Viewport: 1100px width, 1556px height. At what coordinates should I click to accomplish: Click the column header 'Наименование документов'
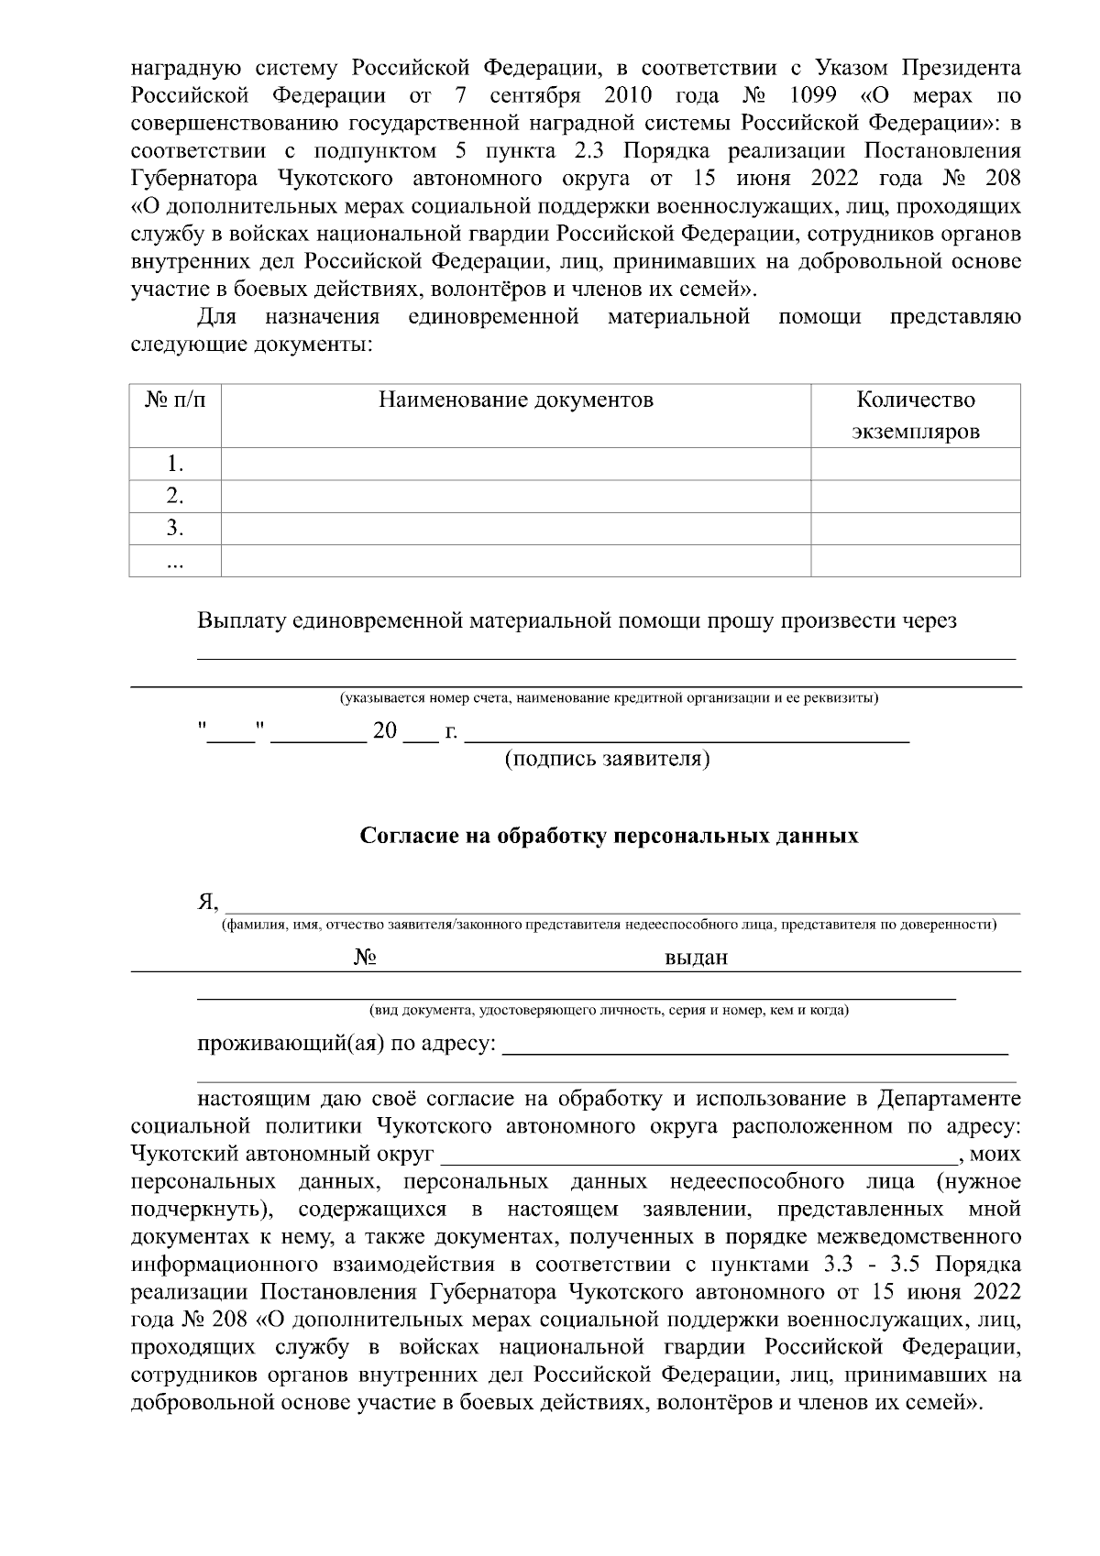(x=516, y=400)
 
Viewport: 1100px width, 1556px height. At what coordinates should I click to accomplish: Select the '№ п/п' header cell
(x=175, y=400)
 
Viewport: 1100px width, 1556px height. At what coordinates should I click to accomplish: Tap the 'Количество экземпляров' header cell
(x=915, y=415)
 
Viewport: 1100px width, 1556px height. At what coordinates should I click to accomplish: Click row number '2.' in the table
(x=175, y=496)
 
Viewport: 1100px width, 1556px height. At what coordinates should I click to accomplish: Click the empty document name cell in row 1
(x=516, y=464)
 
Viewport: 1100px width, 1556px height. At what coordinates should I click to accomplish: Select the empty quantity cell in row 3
(x=915, y=528)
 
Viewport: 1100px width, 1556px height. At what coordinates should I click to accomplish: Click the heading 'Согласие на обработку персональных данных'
(x=609, y=836)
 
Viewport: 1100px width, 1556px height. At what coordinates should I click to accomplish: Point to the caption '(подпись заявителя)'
(x=609, y=760)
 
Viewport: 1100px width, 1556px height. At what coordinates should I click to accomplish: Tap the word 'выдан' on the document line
(x=697, y=958)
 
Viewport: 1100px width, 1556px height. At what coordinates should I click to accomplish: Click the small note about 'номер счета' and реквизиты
(x=609, y=699)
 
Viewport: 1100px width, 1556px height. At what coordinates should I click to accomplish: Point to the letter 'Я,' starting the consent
(x=209, y=902)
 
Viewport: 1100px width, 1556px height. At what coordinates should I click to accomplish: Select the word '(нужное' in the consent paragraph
(x=978, y=1181)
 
